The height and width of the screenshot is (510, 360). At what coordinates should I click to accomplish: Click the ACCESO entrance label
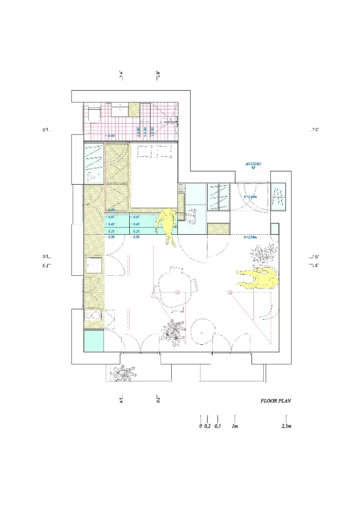pos(253,164)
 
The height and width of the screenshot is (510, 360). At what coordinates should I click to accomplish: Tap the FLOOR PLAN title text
pos(276,401)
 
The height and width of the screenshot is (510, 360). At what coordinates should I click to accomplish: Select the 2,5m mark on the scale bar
pos(286,426)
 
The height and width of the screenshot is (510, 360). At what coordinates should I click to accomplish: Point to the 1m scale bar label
pos(234,426)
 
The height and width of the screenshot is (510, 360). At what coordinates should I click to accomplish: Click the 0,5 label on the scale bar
pos(218,426)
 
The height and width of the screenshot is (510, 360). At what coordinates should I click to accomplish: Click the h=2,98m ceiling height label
pos(250,237)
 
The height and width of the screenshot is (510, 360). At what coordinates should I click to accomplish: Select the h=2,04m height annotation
pos(250,196)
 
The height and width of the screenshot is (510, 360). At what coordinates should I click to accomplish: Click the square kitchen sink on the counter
pos(94,265)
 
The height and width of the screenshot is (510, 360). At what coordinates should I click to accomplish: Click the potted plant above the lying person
pos(262,254)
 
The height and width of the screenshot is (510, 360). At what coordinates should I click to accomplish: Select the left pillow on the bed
pos(144,152)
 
